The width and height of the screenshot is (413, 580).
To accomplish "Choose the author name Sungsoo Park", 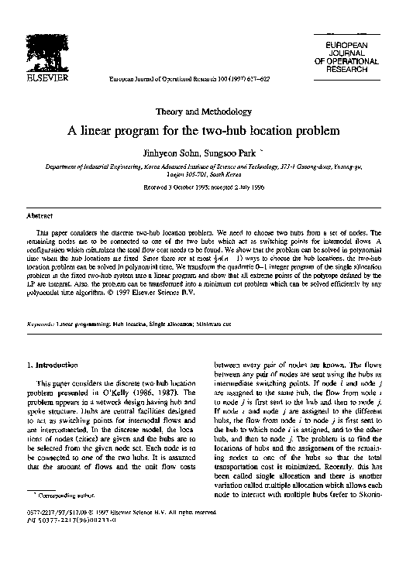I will point(236,153).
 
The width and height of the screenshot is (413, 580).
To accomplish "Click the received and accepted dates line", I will point(205,187).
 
